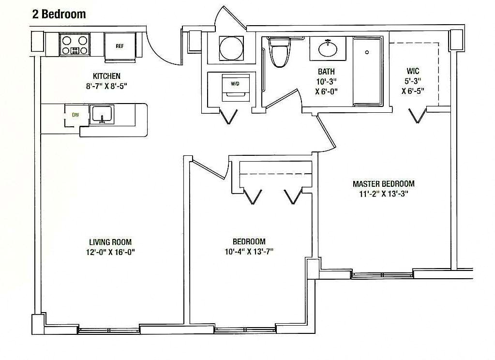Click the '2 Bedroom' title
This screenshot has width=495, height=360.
(59, 14)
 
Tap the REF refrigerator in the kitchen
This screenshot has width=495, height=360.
(120, 46)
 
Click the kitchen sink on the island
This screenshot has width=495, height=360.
(102, 115)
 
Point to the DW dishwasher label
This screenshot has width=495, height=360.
(75, 115)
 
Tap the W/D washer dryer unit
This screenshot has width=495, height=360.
(235, 87)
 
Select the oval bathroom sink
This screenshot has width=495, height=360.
(329, 48)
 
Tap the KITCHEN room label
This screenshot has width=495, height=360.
(106, 76)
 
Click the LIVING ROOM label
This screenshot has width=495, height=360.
(110, 242)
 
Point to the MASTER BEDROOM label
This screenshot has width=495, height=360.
(383, 184)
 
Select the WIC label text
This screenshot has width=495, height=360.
(413, 71)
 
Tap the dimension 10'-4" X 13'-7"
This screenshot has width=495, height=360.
(249, 251)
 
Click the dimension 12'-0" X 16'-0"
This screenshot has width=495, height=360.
(110, 252)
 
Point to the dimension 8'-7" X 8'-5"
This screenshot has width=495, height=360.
(106, 86)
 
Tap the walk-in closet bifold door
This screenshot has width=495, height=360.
(418, 116)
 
